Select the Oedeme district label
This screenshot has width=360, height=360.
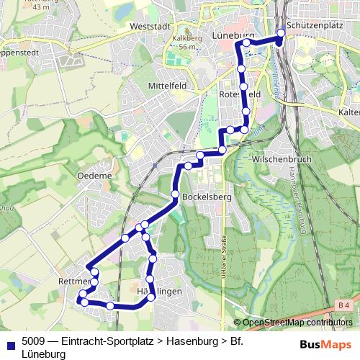coord(98,175)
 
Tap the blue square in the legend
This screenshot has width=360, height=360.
coord(9,342)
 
